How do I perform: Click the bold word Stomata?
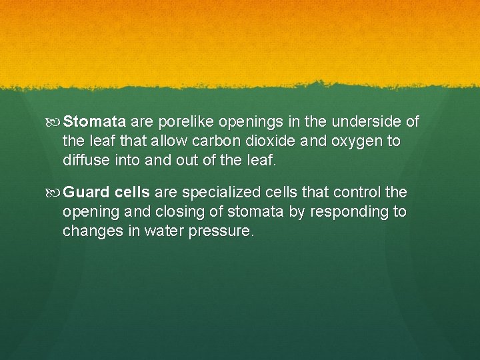(95, 122)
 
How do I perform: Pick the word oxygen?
(352, 141)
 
